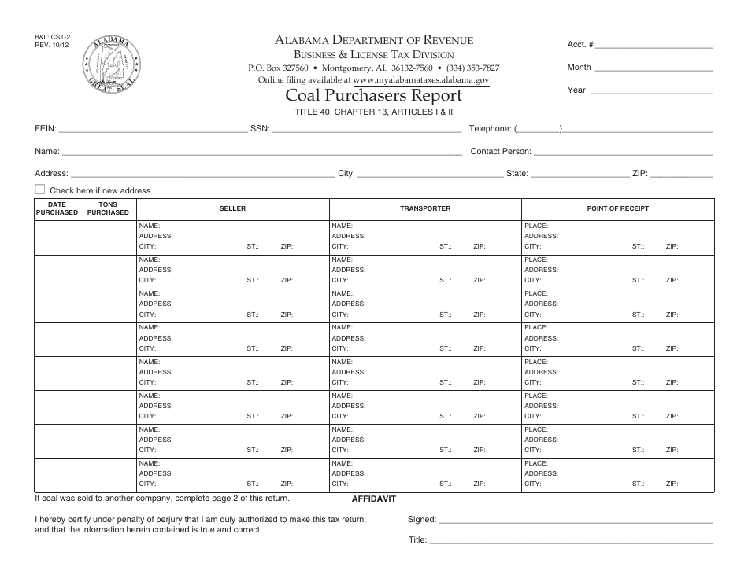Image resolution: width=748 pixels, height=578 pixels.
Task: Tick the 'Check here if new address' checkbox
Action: tap(40, 190)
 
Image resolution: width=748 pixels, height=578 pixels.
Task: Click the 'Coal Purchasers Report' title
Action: tap(373, 96)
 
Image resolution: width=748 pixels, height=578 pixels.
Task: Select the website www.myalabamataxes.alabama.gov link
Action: tap(421, 80)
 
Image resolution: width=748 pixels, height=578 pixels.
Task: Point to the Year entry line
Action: tap(651, 90)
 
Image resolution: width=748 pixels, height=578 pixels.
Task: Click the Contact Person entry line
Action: tap(624, 151)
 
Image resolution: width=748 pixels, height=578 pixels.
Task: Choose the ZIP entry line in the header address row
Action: tap(682, 174)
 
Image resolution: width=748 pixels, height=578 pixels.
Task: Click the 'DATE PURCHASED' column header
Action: tap(57, 208)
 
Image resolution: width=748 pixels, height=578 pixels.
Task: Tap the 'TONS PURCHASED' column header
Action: tap(108, 208)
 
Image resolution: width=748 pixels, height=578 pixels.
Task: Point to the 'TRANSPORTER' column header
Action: tap(425, 208)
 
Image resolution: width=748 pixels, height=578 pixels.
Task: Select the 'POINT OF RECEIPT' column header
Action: tap(618, 208)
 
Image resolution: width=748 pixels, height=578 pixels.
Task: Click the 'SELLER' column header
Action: tap(233, 208)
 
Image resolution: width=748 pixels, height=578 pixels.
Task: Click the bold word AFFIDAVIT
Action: tap(372, 499)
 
